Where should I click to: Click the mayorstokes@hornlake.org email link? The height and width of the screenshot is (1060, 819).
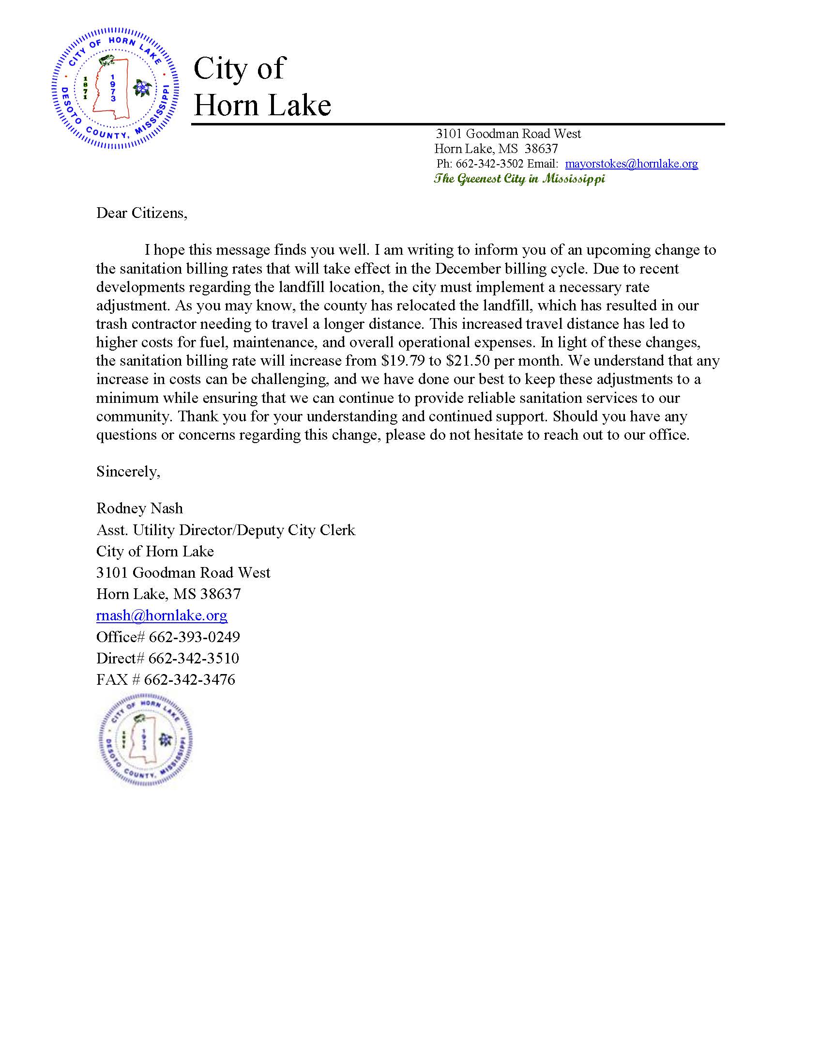coord(631,164)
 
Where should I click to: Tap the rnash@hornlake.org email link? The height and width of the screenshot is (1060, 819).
coord(162,615)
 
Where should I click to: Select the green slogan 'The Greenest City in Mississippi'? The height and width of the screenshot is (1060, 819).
coord(519,179)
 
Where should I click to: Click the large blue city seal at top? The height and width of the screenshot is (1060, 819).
coord(115,88)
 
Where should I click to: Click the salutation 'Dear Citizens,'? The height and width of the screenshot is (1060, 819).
coord(142,213)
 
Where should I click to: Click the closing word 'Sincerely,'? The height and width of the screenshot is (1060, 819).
coord(128,471)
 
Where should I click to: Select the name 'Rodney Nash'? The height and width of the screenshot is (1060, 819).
coord(140,508)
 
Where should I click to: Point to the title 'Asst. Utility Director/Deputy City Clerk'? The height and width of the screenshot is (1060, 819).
coord(226,530)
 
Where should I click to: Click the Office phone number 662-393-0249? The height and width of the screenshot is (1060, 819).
coord(194,637)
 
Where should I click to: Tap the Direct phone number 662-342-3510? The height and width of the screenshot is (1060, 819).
coord(194,658)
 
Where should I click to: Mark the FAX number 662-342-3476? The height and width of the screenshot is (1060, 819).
coord(190,679)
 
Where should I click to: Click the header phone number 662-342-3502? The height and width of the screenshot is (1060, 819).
coord(489,164)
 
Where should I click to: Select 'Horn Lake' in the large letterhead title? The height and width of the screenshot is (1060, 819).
coord(262,105)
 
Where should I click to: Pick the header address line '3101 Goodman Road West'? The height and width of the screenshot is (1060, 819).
coord(508,134)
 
